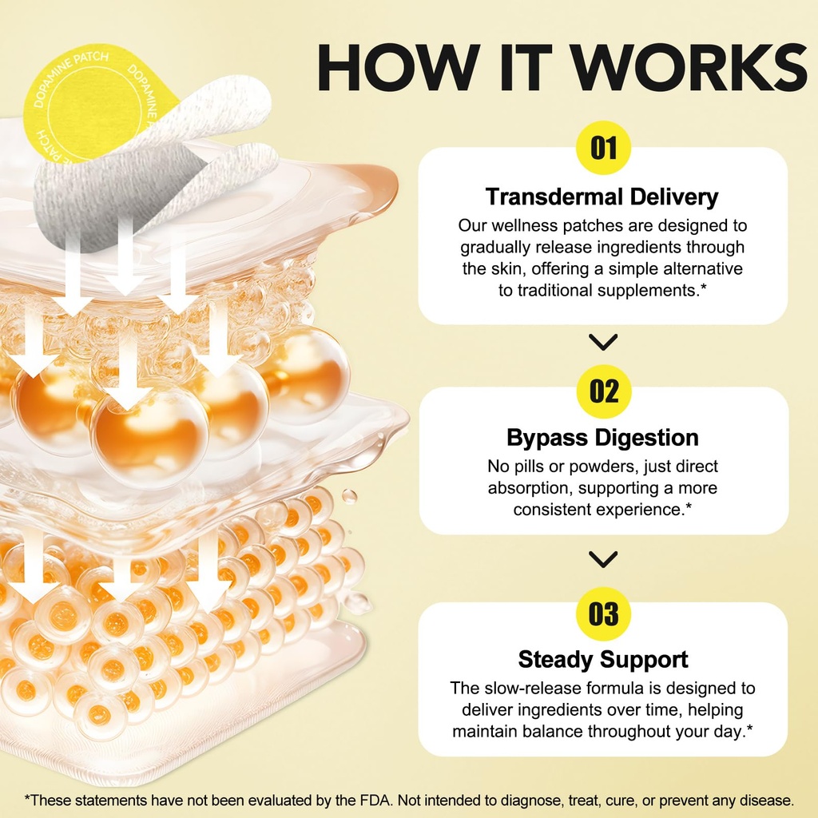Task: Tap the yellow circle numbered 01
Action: (x=604, y=148)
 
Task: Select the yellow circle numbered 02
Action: (x=604, y=391)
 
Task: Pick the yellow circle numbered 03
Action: (x=604, y=613)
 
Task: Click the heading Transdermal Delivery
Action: (x=602, y=197)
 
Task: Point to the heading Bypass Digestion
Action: (x=602, y=437)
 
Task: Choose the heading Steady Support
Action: (x=603, y=659)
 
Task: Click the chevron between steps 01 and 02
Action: (x=603, y=342)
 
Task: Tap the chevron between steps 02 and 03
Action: (x=603, y=559)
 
